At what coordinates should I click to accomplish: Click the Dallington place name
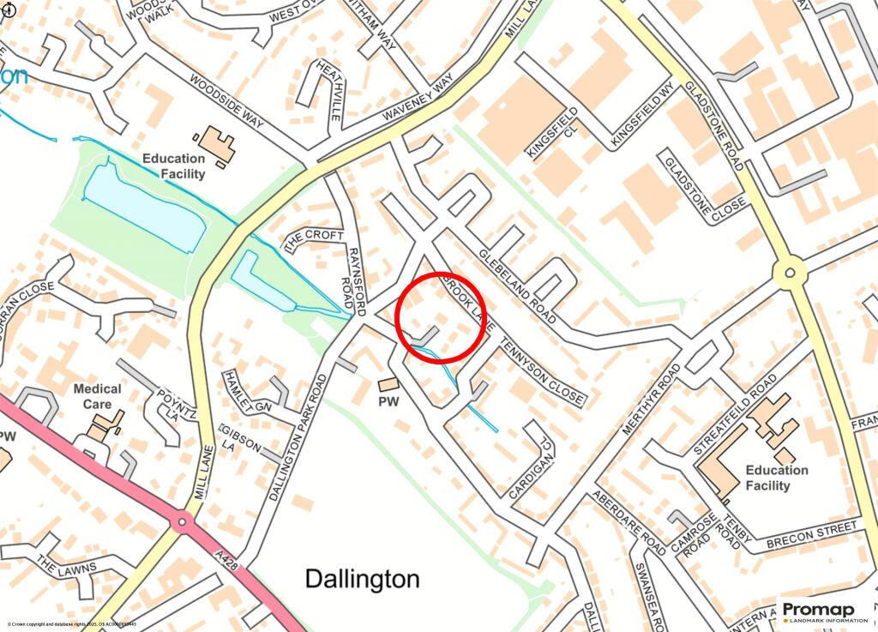[x=363, y=579]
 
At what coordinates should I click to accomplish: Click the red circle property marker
[x=442, y=315]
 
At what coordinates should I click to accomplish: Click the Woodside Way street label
[x=226, y=102]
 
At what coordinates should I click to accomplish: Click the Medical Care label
[x=97, y=395]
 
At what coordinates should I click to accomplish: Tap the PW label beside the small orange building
[x=388, y=400]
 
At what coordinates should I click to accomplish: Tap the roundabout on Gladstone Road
[x=789, y=274]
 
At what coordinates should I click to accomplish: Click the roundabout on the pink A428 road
[x=182, y=521]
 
